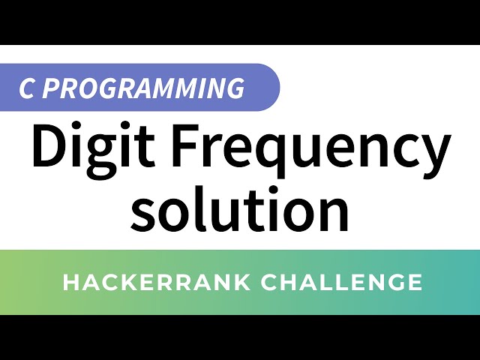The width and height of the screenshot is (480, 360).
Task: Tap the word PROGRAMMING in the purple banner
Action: (x=143, y=88)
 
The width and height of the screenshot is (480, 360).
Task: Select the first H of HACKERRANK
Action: (x=70, y=283)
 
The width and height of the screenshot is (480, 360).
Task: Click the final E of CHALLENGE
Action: (x=415, y=283)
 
